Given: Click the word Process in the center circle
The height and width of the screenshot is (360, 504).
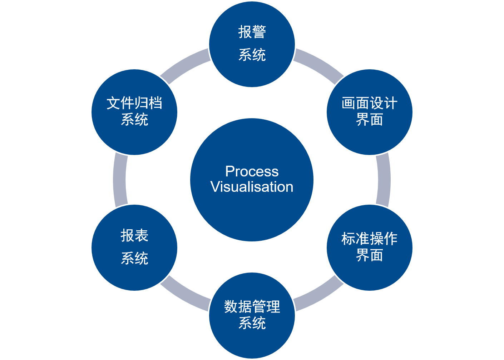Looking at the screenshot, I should [x=252, y=171].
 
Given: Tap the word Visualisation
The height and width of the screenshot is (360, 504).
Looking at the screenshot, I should [x=252, y=187].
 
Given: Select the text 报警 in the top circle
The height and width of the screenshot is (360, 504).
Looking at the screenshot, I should [x=252, y=32].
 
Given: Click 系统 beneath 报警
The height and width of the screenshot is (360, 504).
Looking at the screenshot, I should [x=252, y=55].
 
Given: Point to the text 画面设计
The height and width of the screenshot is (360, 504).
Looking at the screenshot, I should [x=369, y=104].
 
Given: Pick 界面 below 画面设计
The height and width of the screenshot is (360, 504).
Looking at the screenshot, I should [x=369, y=120].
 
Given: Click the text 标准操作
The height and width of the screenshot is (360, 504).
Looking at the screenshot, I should [x=369, y=239].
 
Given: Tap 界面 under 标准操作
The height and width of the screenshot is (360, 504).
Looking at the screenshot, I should [x=369, y=255].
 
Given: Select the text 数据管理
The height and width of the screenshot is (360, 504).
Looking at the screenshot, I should [x=252, y=307].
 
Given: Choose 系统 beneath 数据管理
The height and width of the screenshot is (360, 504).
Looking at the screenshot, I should [x=252, y=323].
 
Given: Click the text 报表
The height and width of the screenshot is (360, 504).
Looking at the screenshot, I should [x=134, y=236].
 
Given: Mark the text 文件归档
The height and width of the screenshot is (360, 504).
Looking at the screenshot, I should [x=134, y=104].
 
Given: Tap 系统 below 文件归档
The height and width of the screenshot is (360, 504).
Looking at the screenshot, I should [x=134, y=120].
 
